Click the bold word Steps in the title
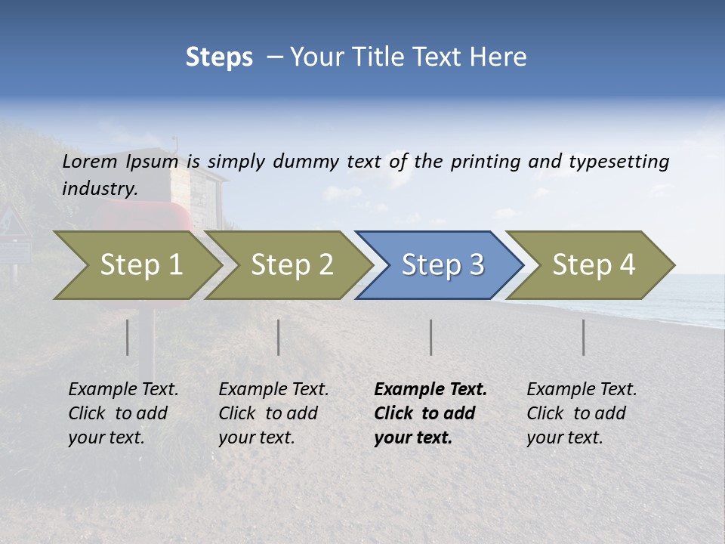(219, 57)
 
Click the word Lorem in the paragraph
(89, 162)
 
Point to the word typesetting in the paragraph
(619, 162)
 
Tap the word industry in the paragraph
(98, 189)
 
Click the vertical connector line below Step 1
(128, 337)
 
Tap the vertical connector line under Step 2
(279, 337)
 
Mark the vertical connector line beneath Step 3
(431, 337)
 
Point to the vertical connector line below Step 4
(584, 337)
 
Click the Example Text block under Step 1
(123, 413)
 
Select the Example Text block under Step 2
(273, 413)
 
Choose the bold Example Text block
(430, 413)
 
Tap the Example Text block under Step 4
(582, 413)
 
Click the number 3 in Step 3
(476, 265)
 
